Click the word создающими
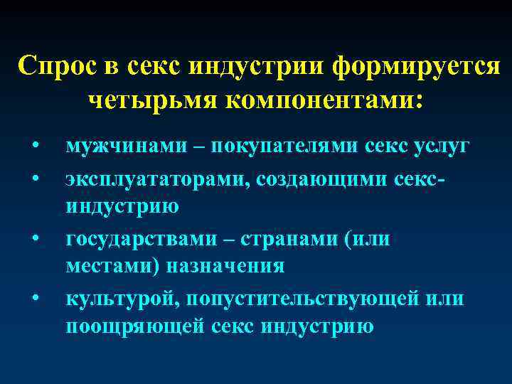click(x=319, y=176)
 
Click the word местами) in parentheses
click(x=113, y=267)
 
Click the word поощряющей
click(x=135, y=327)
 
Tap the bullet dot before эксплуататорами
click(x=34, y=178)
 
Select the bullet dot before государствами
click(x=34, y=238)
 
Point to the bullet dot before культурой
click(x=34, y=299)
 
